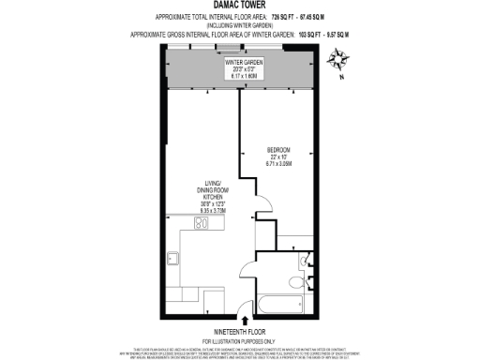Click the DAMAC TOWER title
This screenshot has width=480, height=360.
(x=240, y=7)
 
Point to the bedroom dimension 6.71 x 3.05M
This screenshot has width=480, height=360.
(x=279, y=164)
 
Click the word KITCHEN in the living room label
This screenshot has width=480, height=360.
(x=210, y=197)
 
